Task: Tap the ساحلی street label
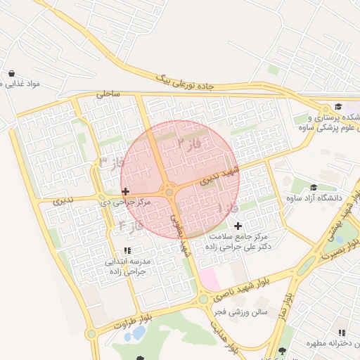(110, 93)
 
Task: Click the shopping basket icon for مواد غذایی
(12, 74)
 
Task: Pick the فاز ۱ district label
(229, 208)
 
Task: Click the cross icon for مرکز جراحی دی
(125, 191)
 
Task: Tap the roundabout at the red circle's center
(169, 192)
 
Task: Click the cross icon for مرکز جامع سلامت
(238, 226)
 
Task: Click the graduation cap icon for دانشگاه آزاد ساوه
(313, 187)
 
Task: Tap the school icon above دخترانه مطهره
(341, 333)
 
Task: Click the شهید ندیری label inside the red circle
(220, 175)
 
